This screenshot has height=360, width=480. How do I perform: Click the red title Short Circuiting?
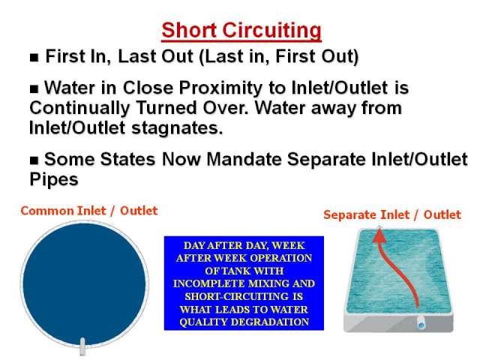(x=241, y=31)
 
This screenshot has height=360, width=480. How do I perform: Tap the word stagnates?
(x=177, y=128)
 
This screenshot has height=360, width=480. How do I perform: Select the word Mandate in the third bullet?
(x=244, y=159)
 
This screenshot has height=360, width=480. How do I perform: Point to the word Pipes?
(x=54, y=179)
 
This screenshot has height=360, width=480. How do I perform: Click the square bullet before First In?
(x=34, y=57)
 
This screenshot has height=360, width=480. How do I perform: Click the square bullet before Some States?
(x=34, y=160)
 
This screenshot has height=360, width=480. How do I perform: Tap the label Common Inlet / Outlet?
(x=89, y=211)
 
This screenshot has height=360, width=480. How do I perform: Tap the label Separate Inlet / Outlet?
(x=392, y=214)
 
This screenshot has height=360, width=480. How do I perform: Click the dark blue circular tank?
(x=84, y=283)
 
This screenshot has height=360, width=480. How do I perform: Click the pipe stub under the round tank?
(x=82, y=346)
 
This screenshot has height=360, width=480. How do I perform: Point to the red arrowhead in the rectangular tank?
(x=379, y=234)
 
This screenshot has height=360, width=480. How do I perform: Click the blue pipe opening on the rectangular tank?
(x=421, y=323)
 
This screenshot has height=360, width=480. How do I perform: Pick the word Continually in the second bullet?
(x=80, y=108)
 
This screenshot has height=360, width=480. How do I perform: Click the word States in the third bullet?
(x=127, y=159)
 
